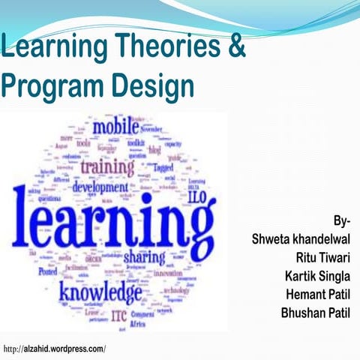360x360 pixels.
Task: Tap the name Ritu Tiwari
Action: [318, 257]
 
